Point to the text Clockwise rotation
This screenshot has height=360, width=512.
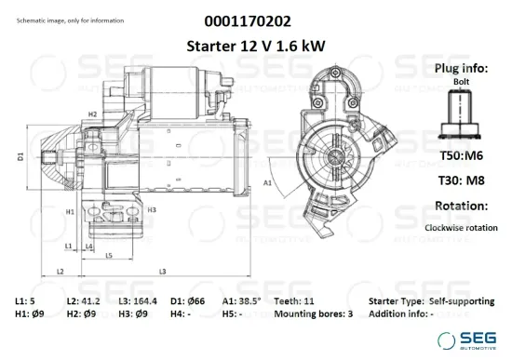tap(460, 228)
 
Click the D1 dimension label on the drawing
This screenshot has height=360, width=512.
tap(20, 157)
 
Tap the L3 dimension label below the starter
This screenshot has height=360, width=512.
tap(162, 271)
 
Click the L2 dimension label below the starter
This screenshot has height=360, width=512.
tap(60, 271)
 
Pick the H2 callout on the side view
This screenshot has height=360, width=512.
tap(93, 113)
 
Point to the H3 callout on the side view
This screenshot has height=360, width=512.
tap(151, 210)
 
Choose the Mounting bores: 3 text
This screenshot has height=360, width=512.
tap(316, 314)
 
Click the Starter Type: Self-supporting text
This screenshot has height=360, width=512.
tap(432, 302)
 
